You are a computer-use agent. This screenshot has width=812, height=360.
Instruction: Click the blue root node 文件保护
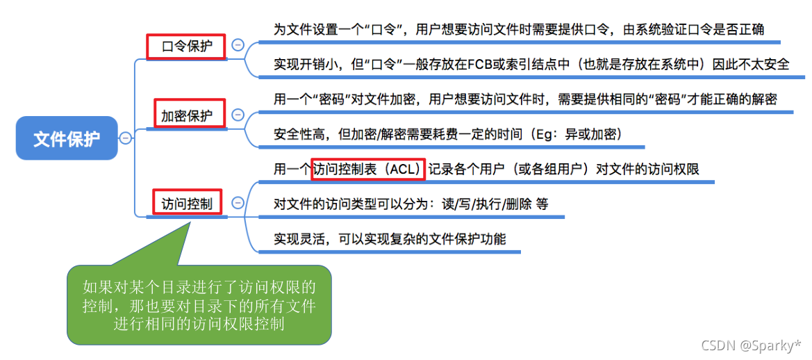67,138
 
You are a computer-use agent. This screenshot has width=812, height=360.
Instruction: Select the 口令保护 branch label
187,47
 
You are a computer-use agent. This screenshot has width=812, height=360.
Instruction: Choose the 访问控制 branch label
187,203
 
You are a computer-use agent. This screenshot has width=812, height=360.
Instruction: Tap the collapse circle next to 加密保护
238,114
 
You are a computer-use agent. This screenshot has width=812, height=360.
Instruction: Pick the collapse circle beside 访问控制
238,203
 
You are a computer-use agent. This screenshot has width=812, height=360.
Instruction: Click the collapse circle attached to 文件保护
125,138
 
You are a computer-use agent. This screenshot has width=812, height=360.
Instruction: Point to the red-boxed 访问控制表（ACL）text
367,169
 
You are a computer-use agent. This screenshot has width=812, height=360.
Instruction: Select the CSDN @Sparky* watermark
751,345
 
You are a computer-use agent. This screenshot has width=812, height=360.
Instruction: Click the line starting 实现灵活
390,239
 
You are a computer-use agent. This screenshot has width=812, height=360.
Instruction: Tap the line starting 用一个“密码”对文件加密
524,99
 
